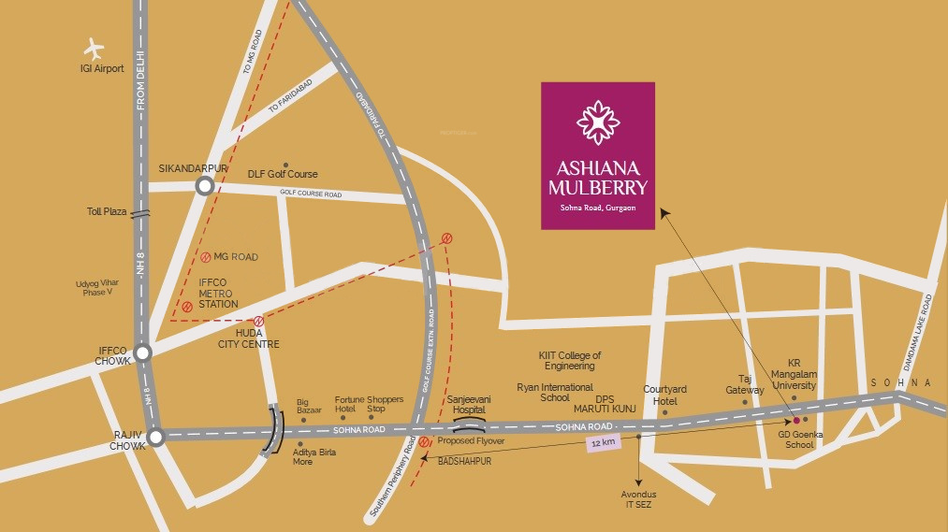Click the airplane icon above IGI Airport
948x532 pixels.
[x=94, y=48]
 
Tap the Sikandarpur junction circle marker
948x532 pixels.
[x=204, y=186]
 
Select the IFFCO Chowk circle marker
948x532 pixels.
[x=142, y=352]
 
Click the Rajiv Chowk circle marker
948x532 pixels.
[x=155, y=435]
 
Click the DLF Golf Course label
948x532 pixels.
[x=282, y=174]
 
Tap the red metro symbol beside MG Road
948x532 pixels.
[x=206, y=257]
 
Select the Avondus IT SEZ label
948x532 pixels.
[x=639, y=498]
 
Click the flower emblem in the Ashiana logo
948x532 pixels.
[x=597, y=122]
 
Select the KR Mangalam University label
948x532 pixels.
[x=794, y=373]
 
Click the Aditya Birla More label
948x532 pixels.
[x=314, y=457]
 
